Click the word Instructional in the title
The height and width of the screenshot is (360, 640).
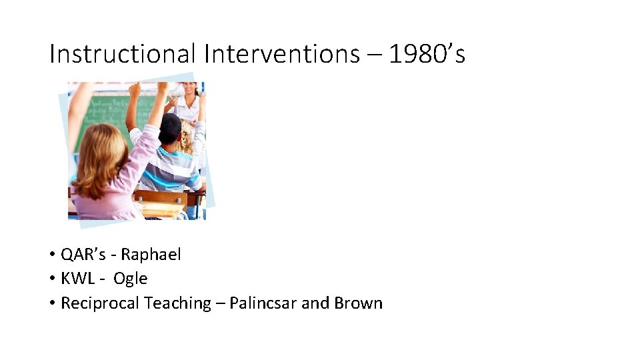[x=123, y=54]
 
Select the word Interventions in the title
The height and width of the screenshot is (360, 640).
[x=281, y=54]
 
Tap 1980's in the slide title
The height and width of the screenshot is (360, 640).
[x=427, y=54]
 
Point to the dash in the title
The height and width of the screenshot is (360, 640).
[x=374, y=55]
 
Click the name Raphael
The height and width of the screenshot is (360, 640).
[x=151, y=254]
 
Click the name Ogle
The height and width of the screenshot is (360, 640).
[x=130, y=279]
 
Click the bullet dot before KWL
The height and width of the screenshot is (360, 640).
[x=51, y=279]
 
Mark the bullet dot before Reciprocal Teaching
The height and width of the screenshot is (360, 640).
[x=51, y=303]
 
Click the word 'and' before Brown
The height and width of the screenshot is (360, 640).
[x=314, y=303]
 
